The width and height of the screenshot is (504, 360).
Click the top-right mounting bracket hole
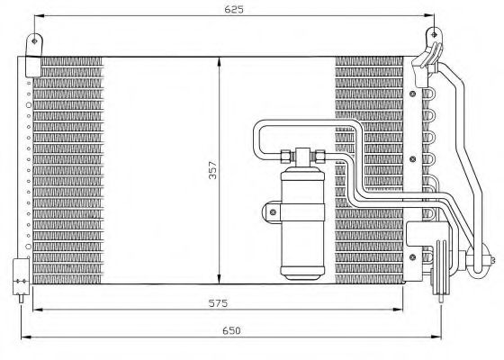pos(435,36)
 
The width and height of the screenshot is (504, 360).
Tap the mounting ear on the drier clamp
pos(268,212)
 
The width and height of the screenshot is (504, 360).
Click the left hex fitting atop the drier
pos(286,156)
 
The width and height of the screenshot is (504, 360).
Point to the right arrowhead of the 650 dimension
pos(442,338)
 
